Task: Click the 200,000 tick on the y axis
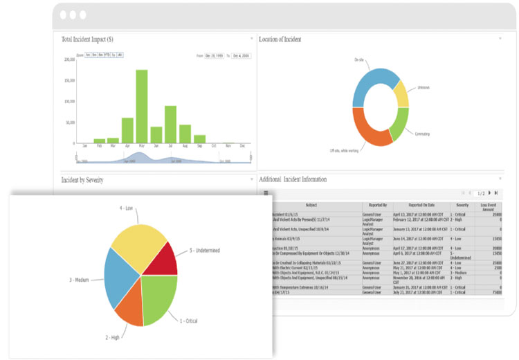point(69,60)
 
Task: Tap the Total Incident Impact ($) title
point(88,39)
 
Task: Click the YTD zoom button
point(107,54)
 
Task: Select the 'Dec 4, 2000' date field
point(240,55)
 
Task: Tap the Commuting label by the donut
point(424,132)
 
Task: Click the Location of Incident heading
point(280,39)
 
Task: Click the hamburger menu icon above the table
point(266,193)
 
